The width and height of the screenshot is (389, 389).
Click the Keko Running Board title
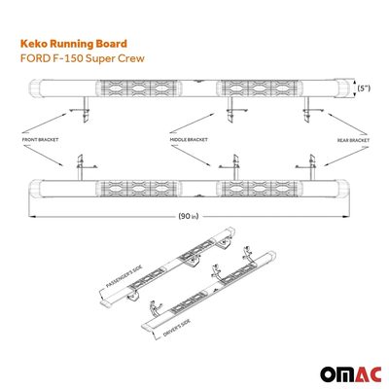click(x=74, y=44)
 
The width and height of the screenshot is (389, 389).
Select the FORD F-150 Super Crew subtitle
click(x=83, y=58)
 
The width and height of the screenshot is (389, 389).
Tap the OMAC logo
click(x=351, y=374)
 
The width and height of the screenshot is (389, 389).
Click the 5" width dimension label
click(x=364, y=88)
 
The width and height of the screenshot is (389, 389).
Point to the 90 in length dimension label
click(x=188, y=216)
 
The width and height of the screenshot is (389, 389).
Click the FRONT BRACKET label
click(x=40, y=140)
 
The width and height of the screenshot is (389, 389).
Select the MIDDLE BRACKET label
click(x=189, y=140)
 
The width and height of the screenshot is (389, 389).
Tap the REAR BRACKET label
click(x=353, y=140)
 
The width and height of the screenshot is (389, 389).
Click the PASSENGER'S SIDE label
click(x=124, y=275)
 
